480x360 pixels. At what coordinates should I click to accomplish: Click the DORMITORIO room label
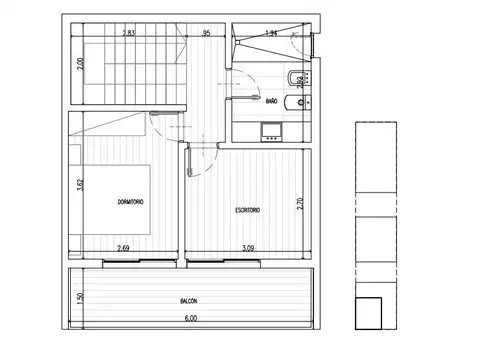coord(130,203)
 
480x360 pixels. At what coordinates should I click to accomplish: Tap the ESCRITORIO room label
coord(248,209)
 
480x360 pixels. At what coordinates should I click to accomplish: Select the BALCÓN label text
coord(188,299)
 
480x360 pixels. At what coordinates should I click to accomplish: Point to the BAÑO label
coord(273,100)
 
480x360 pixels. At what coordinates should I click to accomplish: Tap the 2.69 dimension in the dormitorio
coord(123,248)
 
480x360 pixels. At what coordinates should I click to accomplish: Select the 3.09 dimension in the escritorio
coord(246,248)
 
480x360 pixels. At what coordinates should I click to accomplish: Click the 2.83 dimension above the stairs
coord(128,34)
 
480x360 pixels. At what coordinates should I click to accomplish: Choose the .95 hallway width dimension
coord(206,34)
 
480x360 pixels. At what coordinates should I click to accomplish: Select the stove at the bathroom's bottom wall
coord(270,130)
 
